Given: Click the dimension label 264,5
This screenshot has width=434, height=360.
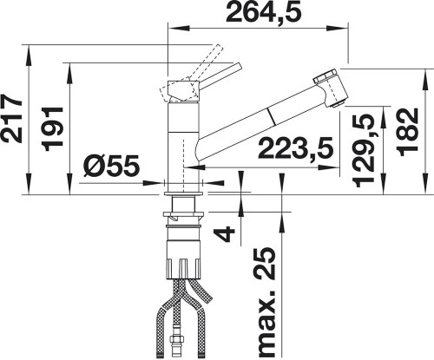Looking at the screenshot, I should click(260, 12).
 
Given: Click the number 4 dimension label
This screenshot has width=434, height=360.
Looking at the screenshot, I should click(224, 233).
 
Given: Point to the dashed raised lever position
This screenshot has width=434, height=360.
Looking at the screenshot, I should click(199, 60).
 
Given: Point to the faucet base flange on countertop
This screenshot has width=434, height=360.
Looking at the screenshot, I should click(184, 179).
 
